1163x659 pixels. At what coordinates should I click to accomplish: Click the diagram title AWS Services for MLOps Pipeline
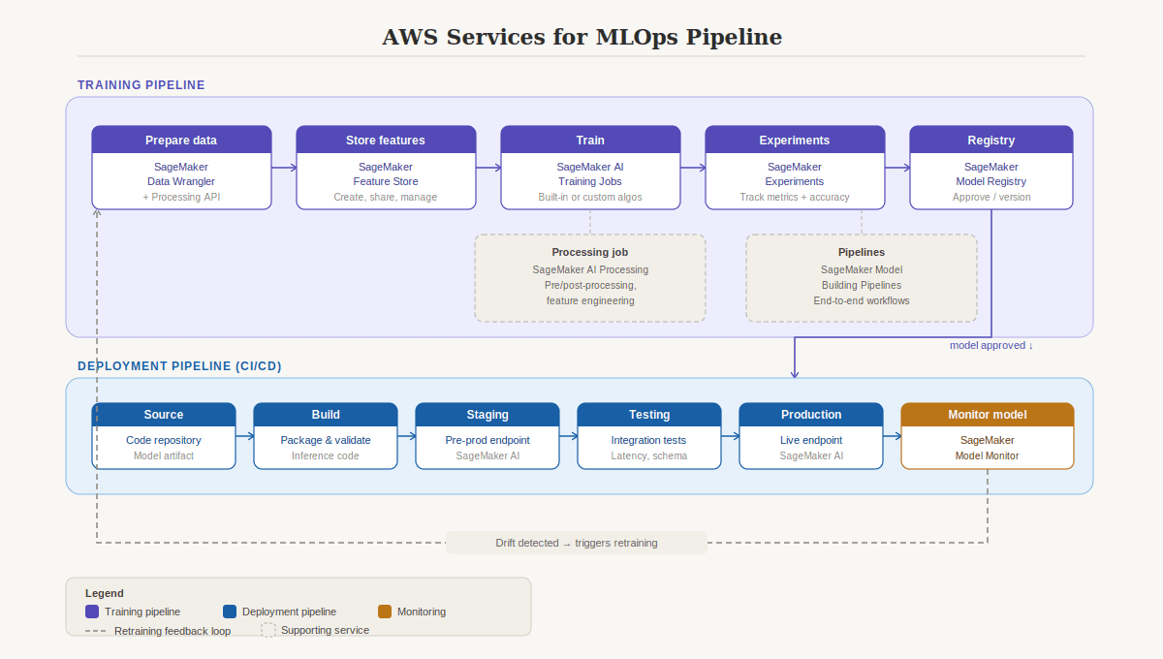click(581, 37)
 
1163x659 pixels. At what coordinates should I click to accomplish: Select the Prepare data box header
click(181, 141)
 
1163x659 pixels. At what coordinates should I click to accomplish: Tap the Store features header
click(386, 141)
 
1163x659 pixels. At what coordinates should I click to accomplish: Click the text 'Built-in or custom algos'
click(590, 197)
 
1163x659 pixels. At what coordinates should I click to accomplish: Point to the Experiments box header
click(795, 141)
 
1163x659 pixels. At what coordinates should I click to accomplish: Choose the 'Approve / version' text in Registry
click(991, 197)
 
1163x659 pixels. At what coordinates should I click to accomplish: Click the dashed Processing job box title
click(590, 252)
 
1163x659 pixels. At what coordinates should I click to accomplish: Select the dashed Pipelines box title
click(862, 252)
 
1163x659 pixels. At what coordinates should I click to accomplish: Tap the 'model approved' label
click(990, 345)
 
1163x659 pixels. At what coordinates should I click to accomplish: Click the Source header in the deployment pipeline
click(164, 415)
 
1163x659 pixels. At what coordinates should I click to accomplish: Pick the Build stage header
click(326, 415)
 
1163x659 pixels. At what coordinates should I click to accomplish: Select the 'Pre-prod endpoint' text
click(487, 440)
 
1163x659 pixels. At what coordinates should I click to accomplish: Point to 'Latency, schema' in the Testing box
click(649, 455)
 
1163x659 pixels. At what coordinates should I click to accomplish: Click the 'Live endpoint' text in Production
click(811, 440)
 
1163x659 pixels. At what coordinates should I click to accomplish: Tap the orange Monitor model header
click(988, 415)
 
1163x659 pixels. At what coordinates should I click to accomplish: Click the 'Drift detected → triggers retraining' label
click(577, 543)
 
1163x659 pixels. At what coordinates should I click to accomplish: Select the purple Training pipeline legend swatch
click(92, 612)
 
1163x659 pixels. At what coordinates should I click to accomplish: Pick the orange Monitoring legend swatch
click(385, 612)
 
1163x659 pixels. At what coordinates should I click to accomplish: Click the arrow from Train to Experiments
click(693, 168)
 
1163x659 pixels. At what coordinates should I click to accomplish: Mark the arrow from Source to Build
click(244, 436)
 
